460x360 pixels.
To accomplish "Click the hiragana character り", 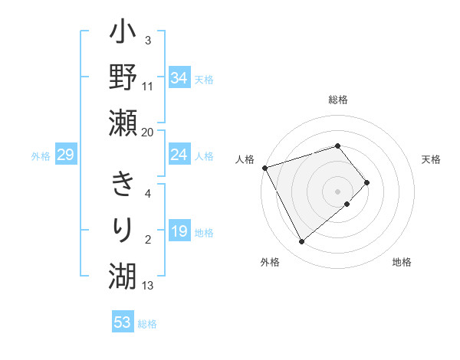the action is click(123, 229).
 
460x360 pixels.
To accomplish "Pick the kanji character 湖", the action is click(123, 273).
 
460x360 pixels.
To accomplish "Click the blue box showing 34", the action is click(179, 77).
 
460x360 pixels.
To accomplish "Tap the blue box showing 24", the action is click(179, 155).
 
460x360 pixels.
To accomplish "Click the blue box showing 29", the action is click(65, 155).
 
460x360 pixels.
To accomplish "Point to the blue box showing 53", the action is click(123, 322).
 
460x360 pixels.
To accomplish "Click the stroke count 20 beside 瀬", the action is click(148, 133).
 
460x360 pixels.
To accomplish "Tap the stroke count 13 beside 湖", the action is click(148, 286).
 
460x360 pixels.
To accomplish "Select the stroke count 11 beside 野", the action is click(148, 86).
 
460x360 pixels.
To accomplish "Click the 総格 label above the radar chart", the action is click(338, 100).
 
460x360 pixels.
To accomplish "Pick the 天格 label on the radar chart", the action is click(431, 159).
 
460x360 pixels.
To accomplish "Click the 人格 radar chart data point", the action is click(264, 167).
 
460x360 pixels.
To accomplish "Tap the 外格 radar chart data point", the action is click(301, 242).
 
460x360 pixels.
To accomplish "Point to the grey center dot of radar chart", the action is click(338, 191).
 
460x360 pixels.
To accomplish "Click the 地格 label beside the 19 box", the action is click(205, 233).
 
